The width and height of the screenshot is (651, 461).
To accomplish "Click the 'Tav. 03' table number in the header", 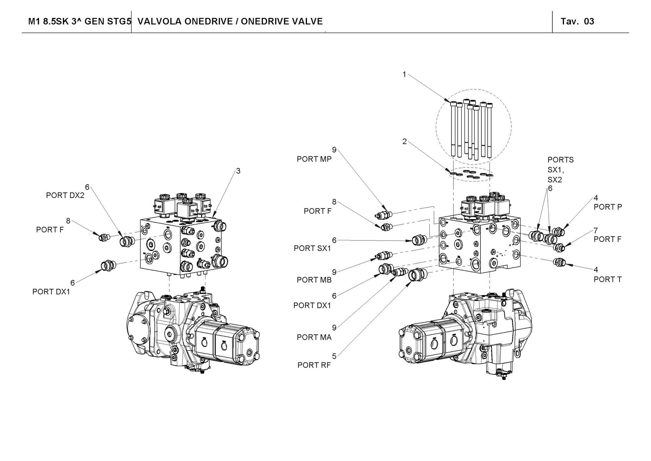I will coord(577,22).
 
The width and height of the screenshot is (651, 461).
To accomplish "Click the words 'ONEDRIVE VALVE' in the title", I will coord(282,22).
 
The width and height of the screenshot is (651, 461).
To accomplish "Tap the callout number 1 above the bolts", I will coord(404,74).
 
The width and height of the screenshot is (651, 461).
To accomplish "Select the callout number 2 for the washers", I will coord(404,141).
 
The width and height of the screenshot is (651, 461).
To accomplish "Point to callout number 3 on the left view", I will coord(238,171).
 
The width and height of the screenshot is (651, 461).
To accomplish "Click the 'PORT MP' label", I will coord(314,159).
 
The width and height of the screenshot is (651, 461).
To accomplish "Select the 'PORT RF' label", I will coord(314,365).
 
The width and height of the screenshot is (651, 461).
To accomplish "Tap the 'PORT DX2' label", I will coord(65,195).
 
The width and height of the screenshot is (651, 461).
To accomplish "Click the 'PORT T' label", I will coord(607,279).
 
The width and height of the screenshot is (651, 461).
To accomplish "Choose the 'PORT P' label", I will coord(608,207).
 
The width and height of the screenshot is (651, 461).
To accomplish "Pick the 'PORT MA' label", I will coord(314,337).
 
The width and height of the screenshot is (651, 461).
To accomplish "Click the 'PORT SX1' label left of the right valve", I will coord(312,248).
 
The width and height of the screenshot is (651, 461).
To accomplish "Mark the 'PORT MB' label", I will coord(314,280).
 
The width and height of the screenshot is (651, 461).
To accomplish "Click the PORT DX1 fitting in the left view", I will coord(107,265).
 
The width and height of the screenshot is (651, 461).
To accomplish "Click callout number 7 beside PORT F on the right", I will coord(596,230).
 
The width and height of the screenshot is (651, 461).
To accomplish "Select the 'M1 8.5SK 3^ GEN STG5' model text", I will coord(80,22).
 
